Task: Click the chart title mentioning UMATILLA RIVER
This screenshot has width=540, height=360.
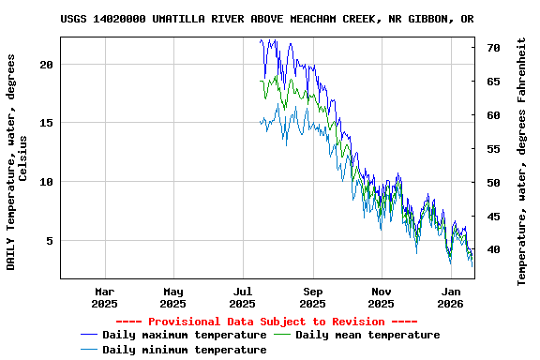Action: point(266,19)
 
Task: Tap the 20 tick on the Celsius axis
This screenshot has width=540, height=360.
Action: point(48,64)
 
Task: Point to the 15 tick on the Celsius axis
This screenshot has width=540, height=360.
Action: point(48,123)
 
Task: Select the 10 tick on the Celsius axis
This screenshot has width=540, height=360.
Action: point(48,182)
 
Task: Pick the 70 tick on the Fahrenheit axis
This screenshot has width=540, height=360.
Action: point(493,47)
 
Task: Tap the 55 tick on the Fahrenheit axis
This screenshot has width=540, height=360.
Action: point(493,148)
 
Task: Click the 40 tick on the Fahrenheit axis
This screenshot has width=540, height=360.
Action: point(493,249)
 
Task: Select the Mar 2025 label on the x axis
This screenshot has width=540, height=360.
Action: point(104,297)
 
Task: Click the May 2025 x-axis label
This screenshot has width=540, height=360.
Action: point(172,297)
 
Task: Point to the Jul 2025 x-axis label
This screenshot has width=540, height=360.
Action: point(242,297)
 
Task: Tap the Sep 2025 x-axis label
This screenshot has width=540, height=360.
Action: point(312,297)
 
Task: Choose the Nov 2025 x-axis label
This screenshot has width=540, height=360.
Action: point(381,297)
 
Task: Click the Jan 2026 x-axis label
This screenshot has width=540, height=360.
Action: point(450,297)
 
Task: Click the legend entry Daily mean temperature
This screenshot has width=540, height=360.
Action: point(367,335)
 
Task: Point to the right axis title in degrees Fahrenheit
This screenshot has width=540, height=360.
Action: point(521,161)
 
